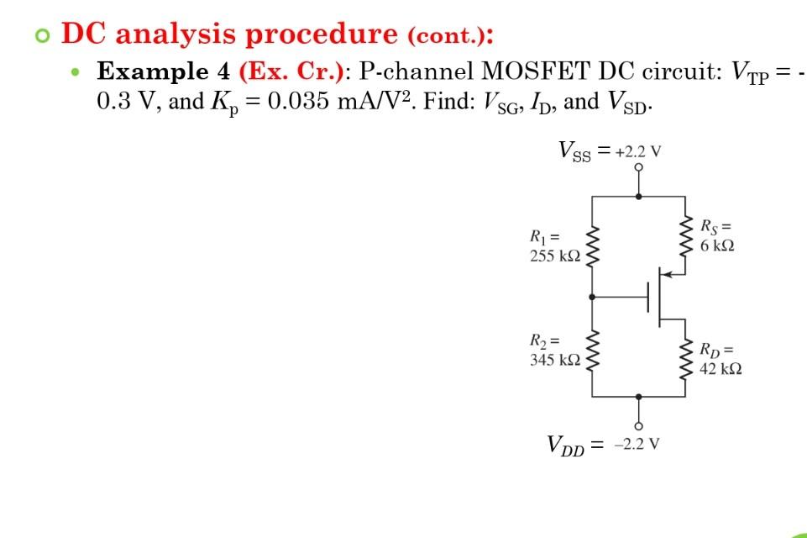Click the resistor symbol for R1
pos(593,245)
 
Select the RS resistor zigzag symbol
pos(685,236)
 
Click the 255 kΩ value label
pos(554,256)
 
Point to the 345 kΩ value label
pos(554,360)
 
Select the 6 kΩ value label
pos(716,245)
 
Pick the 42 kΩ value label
pos(720,368)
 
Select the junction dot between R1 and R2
pos(593,297)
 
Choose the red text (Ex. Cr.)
pos(291,71)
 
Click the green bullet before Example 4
pos(77,72)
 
